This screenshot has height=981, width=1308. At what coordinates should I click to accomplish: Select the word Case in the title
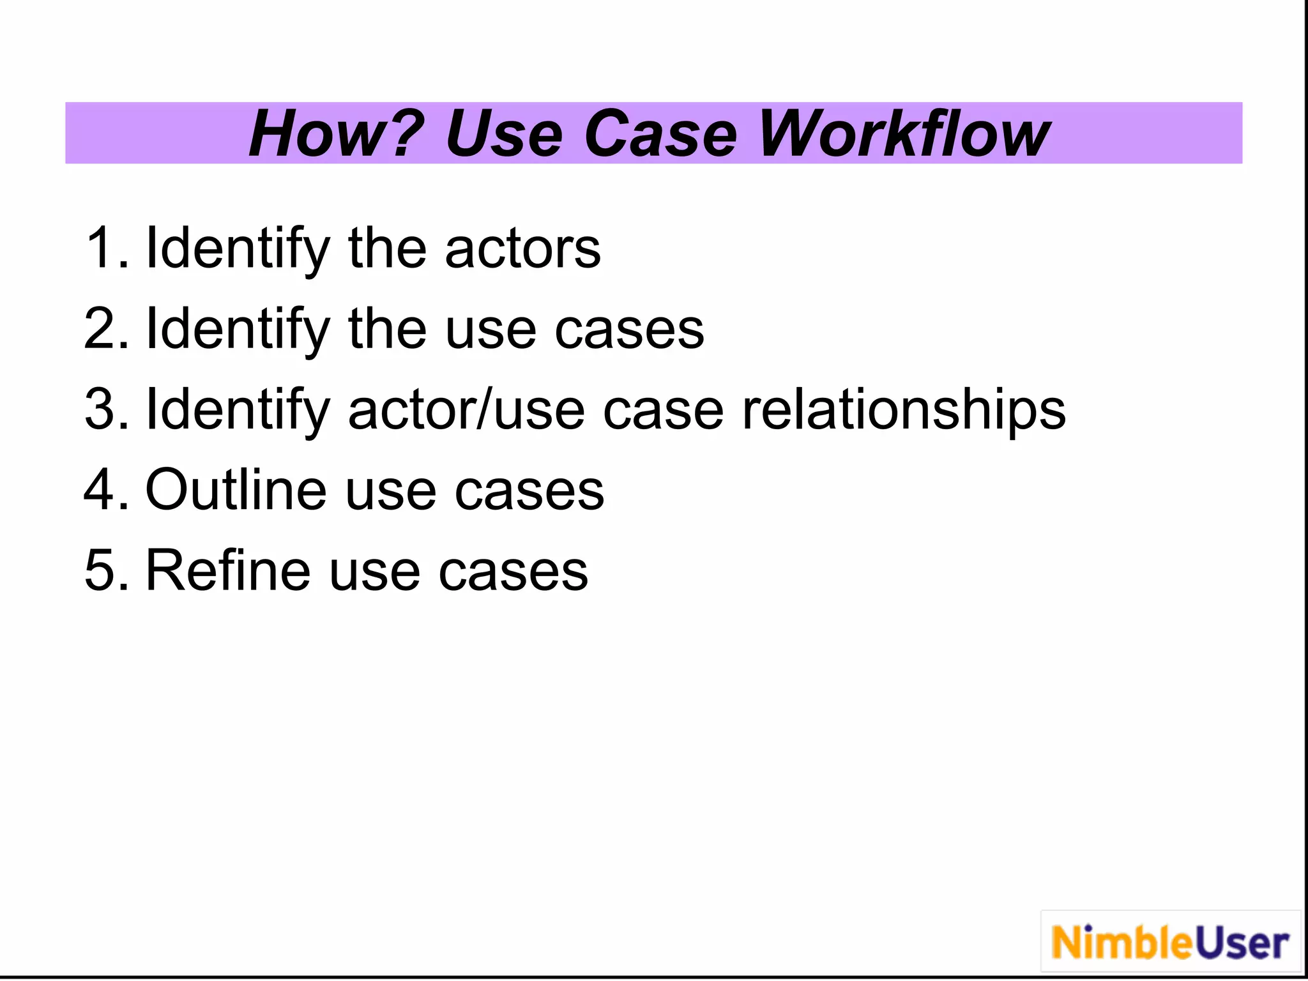[660, 134]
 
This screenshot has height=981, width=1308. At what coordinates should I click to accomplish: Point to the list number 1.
[102, 248]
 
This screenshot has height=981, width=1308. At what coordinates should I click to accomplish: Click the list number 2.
[102, 329]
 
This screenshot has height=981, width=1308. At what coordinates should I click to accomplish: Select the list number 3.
[102, 409]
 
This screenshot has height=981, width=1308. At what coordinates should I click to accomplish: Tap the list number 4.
[102, 490]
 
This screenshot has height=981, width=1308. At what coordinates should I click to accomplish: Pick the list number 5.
[102, 570]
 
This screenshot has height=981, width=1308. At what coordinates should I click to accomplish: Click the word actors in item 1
[522, 248]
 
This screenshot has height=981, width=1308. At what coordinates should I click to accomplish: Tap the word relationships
[903, 409]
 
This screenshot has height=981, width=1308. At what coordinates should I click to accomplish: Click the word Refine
[228, 570]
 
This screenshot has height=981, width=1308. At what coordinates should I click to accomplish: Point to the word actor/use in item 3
[466, 409]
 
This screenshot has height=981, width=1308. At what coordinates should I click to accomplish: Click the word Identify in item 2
[238, 329]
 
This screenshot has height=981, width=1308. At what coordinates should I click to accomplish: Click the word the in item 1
[387, 248]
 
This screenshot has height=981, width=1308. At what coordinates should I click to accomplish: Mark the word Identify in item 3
[238, 409]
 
